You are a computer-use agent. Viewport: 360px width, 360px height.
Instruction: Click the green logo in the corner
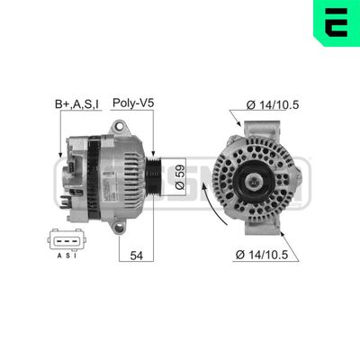[334, 24]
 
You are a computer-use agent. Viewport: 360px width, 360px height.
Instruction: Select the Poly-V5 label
[133, 103]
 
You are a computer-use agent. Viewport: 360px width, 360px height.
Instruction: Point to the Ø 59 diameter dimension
[180, 175]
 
